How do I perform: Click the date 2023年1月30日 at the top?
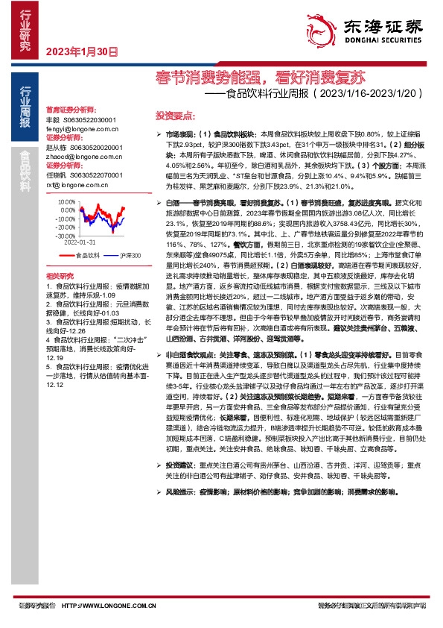pos(82,53)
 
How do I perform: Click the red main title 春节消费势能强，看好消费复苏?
pos(261,76)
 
